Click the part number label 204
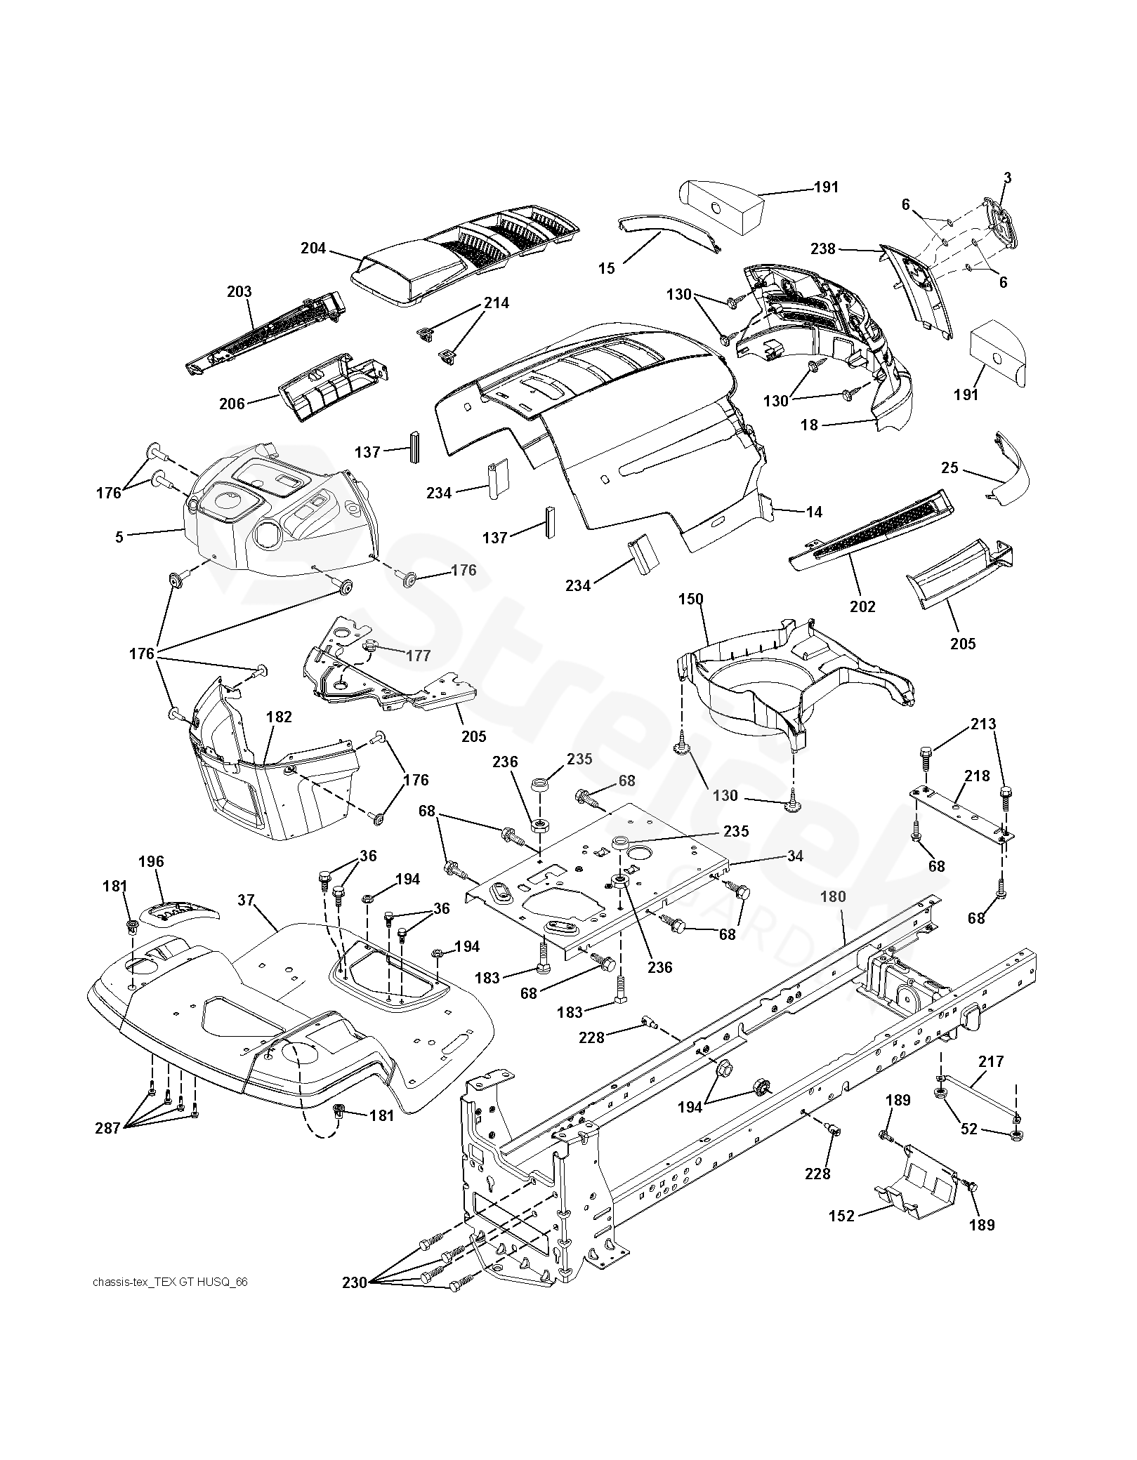[x=313, y=248]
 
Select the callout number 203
[x=239, y=291]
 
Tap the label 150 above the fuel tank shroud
[x=690, y=599]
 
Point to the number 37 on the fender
[x=245, y=900]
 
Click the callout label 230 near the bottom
[x=355, y=1282]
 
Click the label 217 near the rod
[x=991, y=1062]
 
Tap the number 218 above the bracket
[x=977, y=776]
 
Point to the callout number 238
[x=823, y=248]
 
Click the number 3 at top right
[x=1007, y=178]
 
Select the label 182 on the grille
[x=279, y=717]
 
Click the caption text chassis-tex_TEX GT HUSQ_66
[x=170, y=1282]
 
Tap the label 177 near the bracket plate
[x=418, y=656]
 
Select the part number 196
[x=152, y=861]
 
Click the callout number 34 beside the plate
[x=794, y=856]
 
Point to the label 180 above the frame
[x=833, y=896]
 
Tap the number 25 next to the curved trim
[x=949, y=467]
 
